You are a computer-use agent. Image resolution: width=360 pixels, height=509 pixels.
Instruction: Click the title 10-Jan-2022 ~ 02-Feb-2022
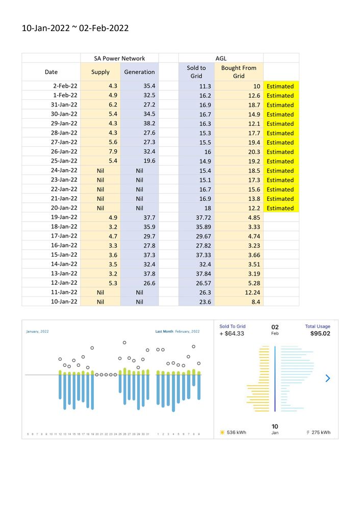[75, 29]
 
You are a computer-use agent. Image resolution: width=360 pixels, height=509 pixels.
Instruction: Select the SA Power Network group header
[119, 58]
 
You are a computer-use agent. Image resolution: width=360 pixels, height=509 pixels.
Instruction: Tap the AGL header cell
[221, 58]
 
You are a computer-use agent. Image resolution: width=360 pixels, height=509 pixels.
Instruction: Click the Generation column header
[139, 72]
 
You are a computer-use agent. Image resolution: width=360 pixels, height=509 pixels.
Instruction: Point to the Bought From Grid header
[239, 72]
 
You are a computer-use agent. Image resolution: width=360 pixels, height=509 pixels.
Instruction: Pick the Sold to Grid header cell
[196, 72]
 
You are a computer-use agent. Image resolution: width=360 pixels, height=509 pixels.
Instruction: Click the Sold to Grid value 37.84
[196, 274]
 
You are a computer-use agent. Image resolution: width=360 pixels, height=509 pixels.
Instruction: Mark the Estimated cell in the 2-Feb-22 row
[280, 86]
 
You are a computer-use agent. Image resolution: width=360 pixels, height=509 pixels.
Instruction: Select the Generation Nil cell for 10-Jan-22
[139, 302]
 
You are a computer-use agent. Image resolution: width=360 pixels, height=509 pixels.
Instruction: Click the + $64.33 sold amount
[232, 334]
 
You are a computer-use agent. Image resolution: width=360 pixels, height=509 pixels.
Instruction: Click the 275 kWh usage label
[321, 432]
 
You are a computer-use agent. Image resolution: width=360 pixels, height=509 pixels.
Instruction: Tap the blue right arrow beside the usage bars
[327, 378]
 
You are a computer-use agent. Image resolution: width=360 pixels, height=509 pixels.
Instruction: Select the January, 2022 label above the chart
[37, 331]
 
